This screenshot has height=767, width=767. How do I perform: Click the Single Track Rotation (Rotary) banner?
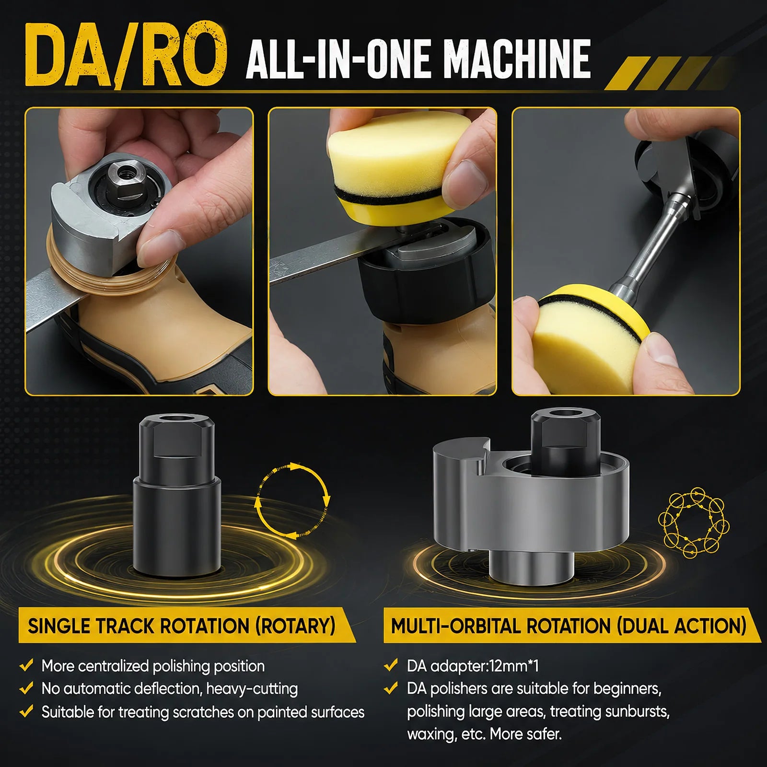(x=187, y=626)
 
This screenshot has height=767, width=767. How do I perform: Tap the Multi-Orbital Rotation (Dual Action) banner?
(x=570, y=626)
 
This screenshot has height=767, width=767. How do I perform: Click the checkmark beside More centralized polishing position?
(x=26, y=665)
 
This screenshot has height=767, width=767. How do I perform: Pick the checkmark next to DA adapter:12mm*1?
(x=391, y=665)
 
